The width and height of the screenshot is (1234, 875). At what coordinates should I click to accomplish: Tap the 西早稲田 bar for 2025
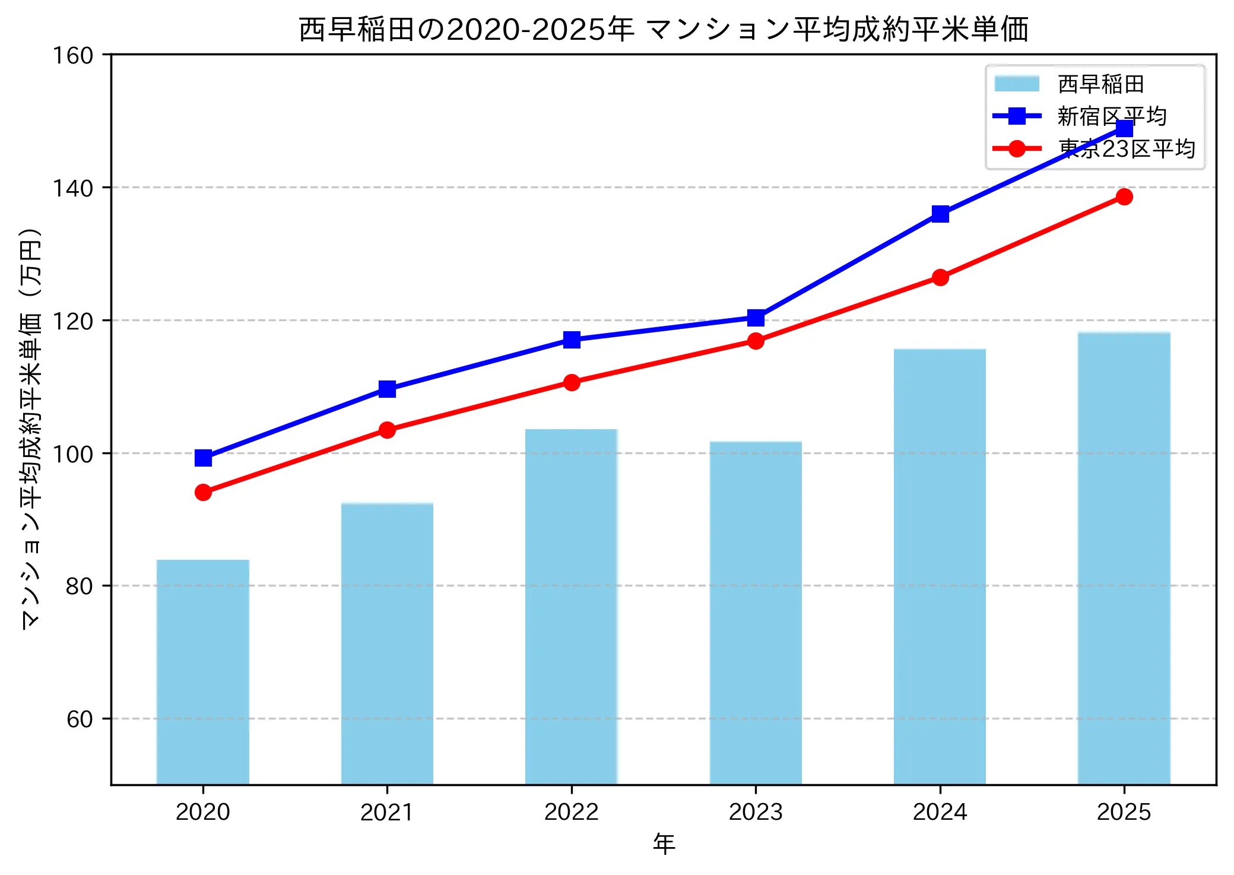point(1124,558)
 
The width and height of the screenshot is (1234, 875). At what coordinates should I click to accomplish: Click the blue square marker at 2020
point(203,458)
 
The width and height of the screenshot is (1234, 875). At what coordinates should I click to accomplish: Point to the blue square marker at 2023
point(756,318)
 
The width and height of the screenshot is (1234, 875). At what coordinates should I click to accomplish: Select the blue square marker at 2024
point(940,214)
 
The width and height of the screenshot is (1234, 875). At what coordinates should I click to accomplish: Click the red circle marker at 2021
point(387,430)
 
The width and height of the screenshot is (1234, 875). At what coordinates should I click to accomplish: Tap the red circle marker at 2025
point(1124,196)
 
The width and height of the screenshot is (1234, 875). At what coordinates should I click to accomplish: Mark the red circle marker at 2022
point(572,382)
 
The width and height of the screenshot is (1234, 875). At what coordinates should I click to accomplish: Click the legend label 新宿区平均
point(1112,116)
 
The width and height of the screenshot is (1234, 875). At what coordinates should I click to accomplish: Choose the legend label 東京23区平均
point(1126,148)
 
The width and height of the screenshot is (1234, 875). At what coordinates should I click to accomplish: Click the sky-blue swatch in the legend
point(1017,84)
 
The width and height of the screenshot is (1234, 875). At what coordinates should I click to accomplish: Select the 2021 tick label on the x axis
point(387,812)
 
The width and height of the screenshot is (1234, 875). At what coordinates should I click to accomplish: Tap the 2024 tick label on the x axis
point(940,812)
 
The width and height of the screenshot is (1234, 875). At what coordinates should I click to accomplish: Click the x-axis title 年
point(664,844)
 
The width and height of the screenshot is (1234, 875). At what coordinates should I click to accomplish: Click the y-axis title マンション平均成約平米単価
point(31,427)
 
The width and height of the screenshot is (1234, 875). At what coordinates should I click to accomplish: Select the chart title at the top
point(663,30)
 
